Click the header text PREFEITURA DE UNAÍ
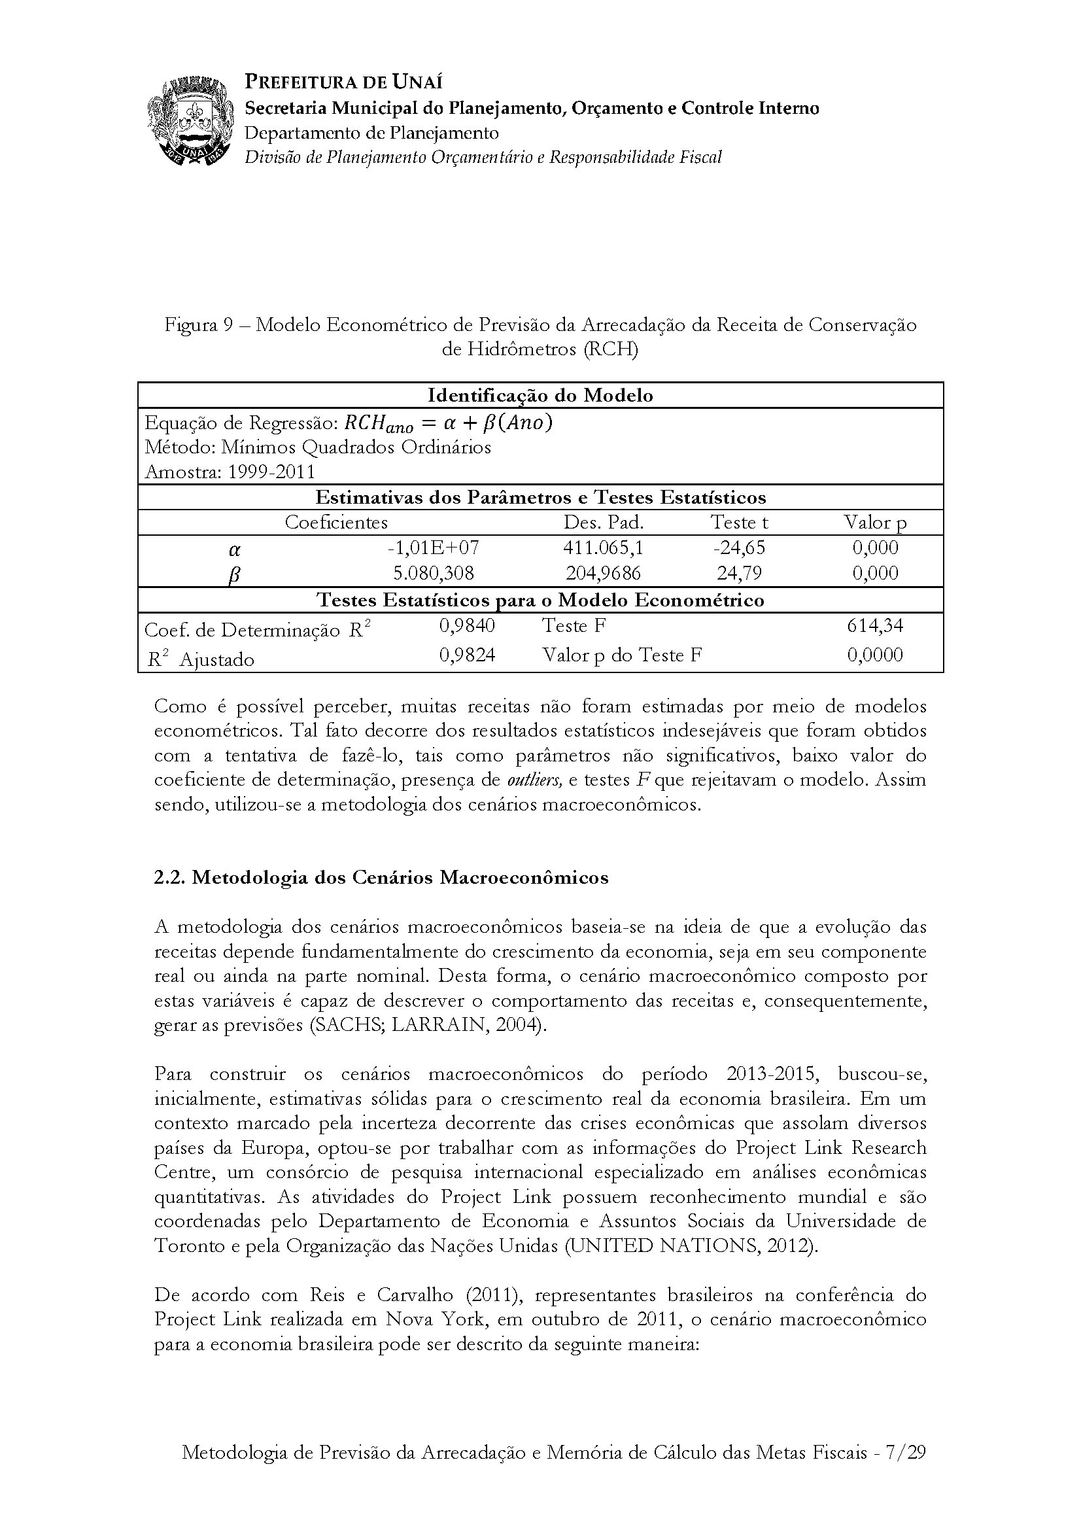point(344,82)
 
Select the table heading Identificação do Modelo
point(540,395)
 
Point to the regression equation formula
point(447,423)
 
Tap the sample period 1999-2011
point(271,472)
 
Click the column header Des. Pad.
point(604,522)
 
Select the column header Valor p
point(875,522)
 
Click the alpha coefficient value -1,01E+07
point(433,548)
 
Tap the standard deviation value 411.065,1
point(604,548)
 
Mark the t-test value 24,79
point(740,573)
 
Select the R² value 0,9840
point(467,625)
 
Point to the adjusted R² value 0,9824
point(467,655)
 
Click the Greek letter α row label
point(235,549)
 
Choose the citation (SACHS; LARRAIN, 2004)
point(428,1025)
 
